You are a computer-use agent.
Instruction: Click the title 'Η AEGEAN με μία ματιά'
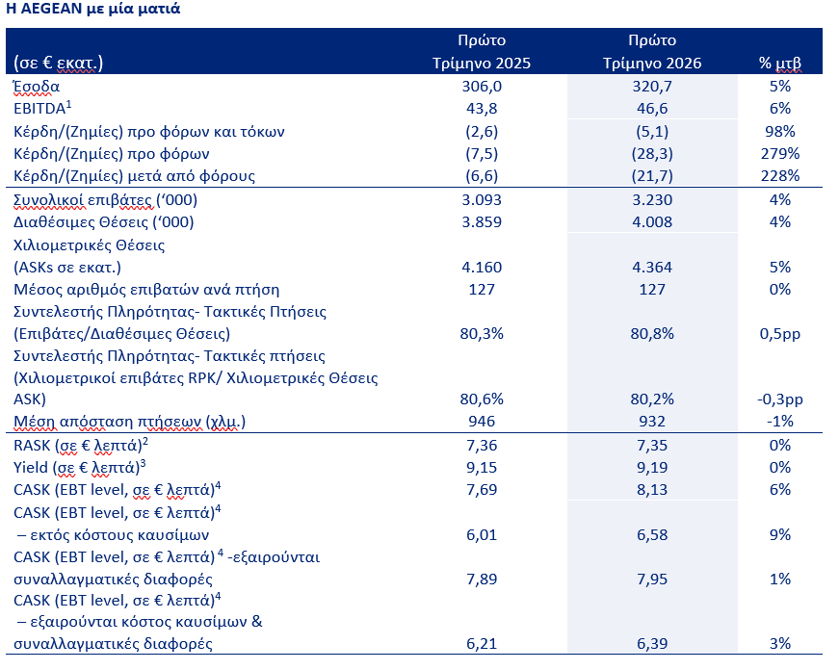(93, 9)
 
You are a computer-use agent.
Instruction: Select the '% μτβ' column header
(779, 64)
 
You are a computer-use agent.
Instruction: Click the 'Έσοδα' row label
(37, 86)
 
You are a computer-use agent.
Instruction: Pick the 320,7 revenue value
(652, 86)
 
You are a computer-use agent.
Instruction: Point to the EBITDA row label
(42, 108)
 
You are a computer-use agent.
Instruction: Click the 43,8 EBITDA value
(482, 109)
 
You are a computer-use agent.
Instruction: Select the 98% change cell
(779, 132)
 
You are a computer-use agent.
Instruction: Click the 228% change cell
(779, 176)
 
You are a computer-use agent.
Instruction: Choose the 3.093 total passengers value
(482, 200)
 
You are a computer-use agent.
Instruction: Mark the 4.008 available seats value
(652, 222)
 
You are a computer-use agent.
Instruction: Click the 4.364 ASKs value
(652, 267)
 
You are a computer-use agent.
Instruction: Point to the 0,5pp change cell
(779, 334)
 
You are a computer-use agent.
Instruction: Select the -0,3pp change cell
(779, 399)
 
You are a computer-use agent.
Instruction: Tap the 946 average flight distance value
(482, 422)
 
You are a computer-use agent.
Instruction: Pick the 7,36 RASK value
(482, 446)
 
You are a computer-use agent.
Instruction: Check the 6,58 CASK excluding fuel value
(652, 534)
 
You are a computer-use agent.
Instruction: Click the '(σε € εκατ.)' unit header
(58, 64)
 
